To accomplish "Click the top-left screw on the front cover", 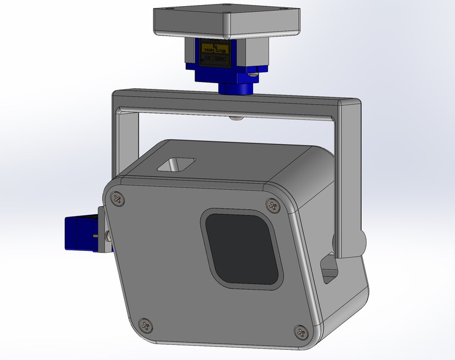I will point(118,197).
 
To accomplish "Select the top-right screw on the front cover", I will point(273,205).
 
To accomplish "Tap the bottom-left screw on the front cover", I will point(146,325).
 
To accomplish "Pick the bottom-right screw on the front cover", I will point(301,331).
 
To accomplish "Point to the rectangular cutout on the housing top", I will point(176,164).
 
